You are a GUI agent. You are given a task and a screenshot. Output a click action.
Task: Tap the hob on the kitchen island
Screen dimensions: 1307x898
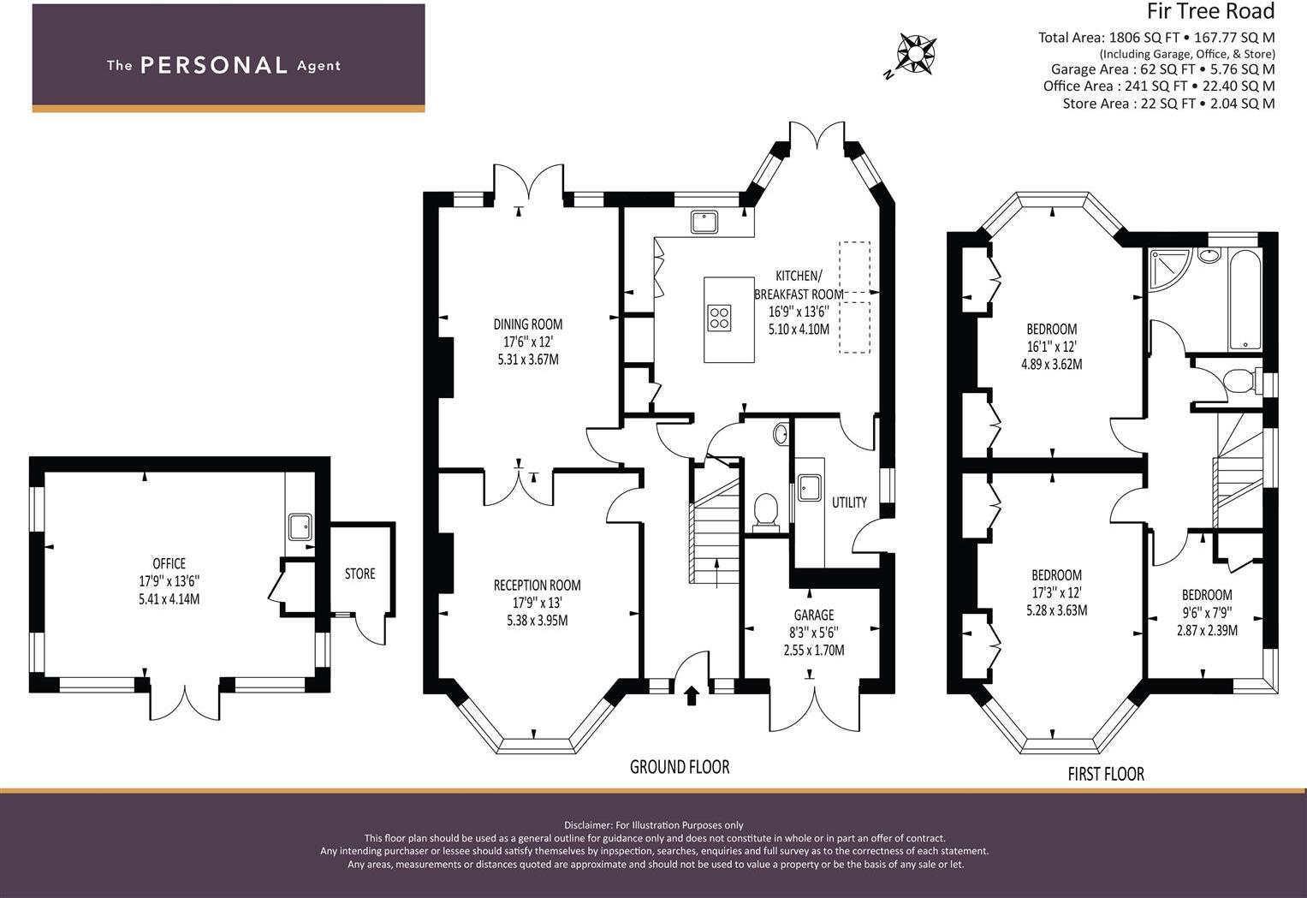[x=719, y=318]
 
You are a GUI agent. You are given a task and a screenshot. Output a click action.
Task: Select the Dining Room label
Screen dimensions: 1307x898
[x=527, y=324]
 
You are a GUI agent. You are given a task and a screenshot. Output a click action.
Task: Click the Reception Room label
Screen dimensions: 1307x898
[x=537, y=586]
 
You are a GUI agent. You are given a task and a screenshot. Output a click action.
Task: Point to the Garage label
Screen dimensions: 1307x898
[x=813, y=615]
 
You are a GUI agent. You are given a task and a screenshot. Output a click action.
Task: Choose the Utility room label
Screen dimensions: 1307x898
[x=849, y=503]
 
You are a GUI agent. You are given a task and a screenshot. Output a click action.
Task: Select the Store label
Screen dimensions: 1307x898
[x=359, y=574]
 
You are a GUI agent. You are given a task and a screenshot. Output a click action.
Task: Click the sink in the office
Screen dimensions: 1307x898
[x=300, y=526]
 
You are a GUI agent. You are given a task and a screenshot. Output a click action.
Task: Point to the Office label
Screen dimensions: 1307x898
[x=169, y=563]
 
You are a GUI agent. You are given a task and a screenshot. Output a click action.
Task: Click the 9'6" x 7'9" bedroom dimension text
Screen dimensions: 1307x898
[x=1207, y=613]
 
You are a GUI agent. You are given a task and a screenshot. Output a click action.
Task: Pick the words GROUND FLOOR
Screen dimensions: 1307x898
[x=680, y=767]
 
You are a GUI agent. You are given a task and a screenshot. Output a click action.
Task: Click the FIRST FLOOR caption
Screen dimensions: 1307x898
[x=1105, y=774]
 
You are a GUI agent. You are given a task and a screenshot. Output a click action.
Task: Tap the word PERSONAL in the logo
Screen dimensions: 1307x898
[x=213, y=65]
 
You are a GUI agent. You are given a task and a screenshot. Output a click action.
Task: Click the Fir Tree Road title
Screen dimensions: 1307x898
[x=1210, y=12]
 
